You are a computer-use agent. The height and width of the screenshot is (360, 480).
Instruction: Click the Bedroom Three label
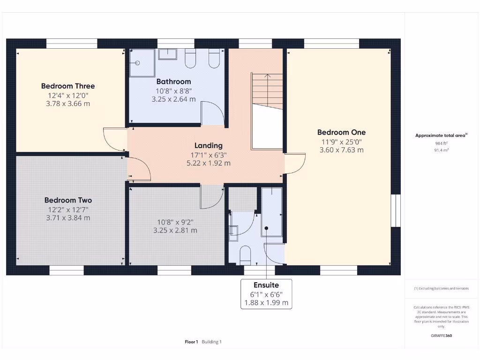[x=68, y=86]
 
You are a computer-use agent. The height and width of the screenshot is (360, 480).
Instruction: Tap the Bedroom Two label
[x=68, y=200]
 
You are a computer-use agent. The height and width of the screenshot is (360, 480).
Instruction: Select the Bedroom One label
[x=341, y=132]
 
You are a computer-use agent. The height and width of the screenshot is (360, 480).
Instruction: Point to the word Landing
[x=209, y=145]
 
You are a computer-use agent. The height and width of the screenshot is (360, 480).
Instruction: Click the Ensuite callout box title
[x=266, y=285]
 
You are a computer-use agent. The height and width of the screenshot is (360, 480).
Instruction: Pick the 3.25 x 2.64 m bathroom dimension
[x=173, y=99]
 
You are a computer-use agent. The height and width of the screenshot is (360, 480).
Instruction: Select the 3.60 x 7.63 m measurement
[x=341, y=150]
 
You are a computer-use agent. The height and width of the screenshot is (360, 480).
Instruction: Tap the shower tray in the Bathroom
[x=142, y=62]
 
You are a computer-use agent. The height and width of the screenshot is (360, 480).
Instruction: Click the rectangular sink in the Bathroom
[x=167, y=54]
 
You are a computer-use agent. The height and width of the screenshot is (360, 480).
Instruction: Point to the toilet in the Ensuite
[x=245, y=255]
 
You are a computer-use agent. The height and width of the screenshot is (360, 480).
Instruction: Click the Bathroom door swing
[x=211, y=112]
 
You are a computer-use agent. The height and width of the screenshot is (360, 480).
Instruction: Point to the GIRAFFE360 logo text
[x=441, y=336]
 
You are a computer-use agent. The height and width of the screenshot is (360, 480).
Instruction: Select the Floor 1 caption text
[x=191, y=342]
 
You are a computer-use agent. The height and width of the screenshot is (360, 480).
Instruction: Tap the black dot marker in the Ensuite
[x=266, y=228]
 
